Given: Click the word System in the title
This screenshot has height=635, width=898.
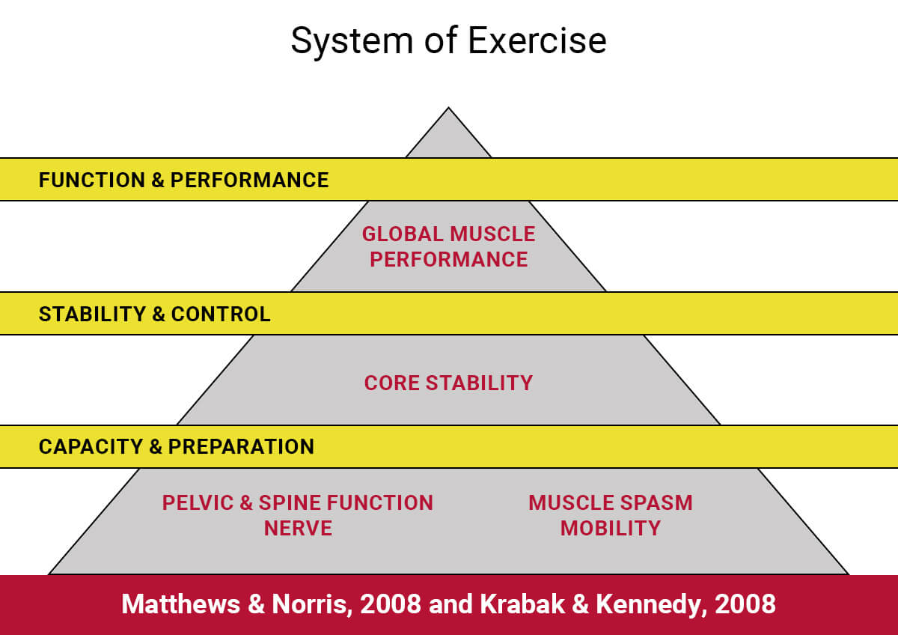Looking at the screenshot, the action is [x=352, y=41].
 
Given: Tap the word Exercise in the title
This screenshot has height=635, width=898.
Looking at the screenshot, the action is [x=537, y=40].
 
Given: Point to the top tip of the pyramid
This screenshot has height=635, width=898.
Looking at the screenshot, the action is [x=448, y=108].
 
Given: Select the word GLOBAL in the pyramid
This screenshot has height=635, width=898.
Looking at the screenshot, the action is [x=403, y=234].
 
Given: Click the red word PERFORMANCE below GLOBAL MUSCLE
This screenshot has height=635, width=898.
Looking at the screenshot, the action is [x=448, y=259].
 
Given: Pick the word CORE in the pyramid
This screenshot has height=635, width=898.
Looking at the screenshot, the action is [x=391, y=383].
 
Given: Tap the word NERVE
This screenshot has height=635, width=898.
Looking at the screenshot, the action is [x=298, y=528].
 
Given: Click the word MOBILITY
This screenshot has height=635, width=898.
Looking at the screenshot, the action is [x=610, y=528].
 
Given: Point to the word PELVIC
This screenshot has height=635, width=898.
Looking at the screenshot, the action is [x=198, y=502].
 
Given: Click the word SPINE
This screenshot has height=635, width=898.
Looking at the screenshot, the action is [x=290, y=502].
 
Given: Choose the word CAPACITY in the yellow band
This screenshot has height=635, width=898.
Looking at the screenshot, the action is [x=91, y=446].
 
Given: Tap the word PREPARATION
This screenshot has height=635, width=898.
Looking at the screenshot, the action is [x=241, y=446].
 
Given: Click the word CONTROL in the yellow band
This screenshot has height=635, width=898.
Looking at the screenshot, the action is [x=221, y=314].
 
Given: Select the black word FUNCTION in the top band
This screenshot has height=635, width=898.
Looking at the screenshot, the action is [x=92, y=180].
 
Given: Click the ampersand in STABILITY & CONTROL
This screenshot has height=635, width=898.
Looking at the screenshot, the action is [x=159, y=314].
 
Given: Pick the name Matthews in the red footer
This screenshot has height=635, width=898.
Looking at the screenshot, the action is [x=181, y=604].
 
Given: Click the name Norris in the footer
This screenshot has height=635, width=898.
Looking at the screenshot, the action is [x=312, y=604].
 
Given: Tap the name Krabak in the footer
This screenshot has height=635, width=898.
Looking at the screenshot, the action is [x=522, y=604].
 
